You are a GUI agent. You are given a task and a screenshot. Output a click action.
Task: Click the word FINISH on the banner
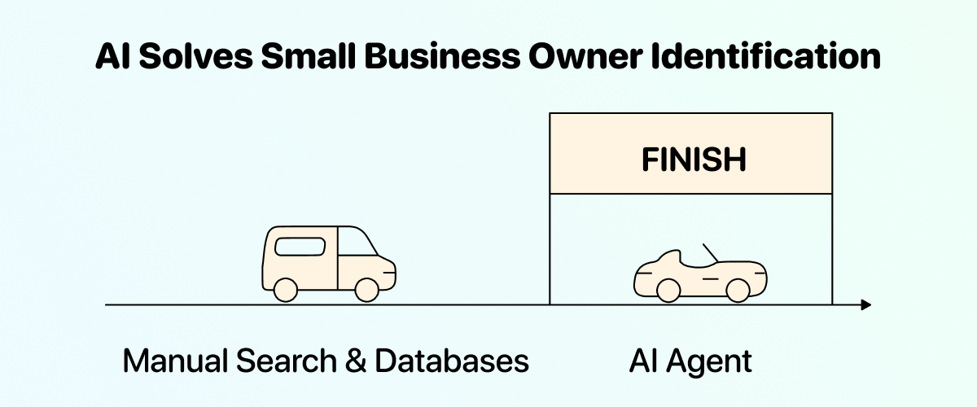click(693, 160)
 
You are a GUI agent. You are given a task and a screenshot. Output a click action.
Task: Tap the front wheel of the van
click(367, 289)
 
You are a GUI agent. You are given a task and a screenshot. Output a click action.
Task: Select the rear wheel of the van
click(285, 289)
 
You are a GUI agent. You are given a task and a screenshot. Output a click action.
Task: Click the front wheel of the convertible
click(737, 289)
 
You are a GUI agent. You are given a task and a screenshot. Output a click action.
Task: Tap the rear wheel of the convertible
click(668, 289)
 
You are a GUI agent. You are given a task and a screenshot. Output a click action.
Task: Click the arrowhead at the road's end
click(865, 305)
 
